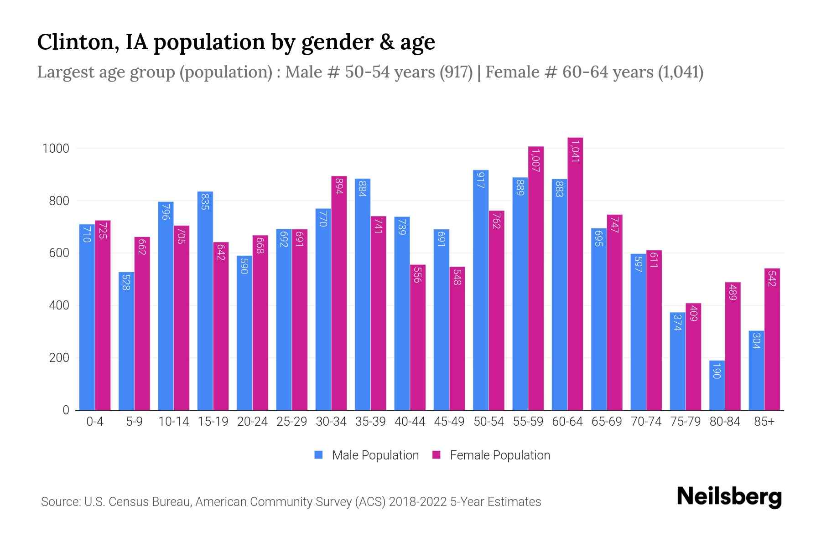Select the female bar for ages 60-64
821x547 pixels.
tap(575, 274)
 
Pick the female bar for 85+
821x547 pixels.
tap(772, 340)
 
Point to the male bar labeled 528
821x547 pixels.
tap(126, 341)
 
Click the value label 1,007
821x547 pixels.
tap(536, 160)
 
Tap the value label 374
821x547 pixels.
tap(677, 323)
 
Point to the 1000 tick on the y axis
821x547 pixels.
tap(56, 149)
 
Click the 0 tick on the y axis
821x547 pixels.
tap(66, 410)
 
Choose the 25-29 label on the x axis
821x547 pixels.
tap(292, 422)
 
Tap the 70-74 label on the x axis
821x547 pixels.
tap(646, 422)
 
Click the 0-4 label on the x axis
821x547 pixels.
tap(95, 422)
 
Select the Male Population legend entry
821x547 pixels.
tap(367, 455)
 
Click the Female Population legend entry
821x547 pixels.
tap(491, 455)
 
